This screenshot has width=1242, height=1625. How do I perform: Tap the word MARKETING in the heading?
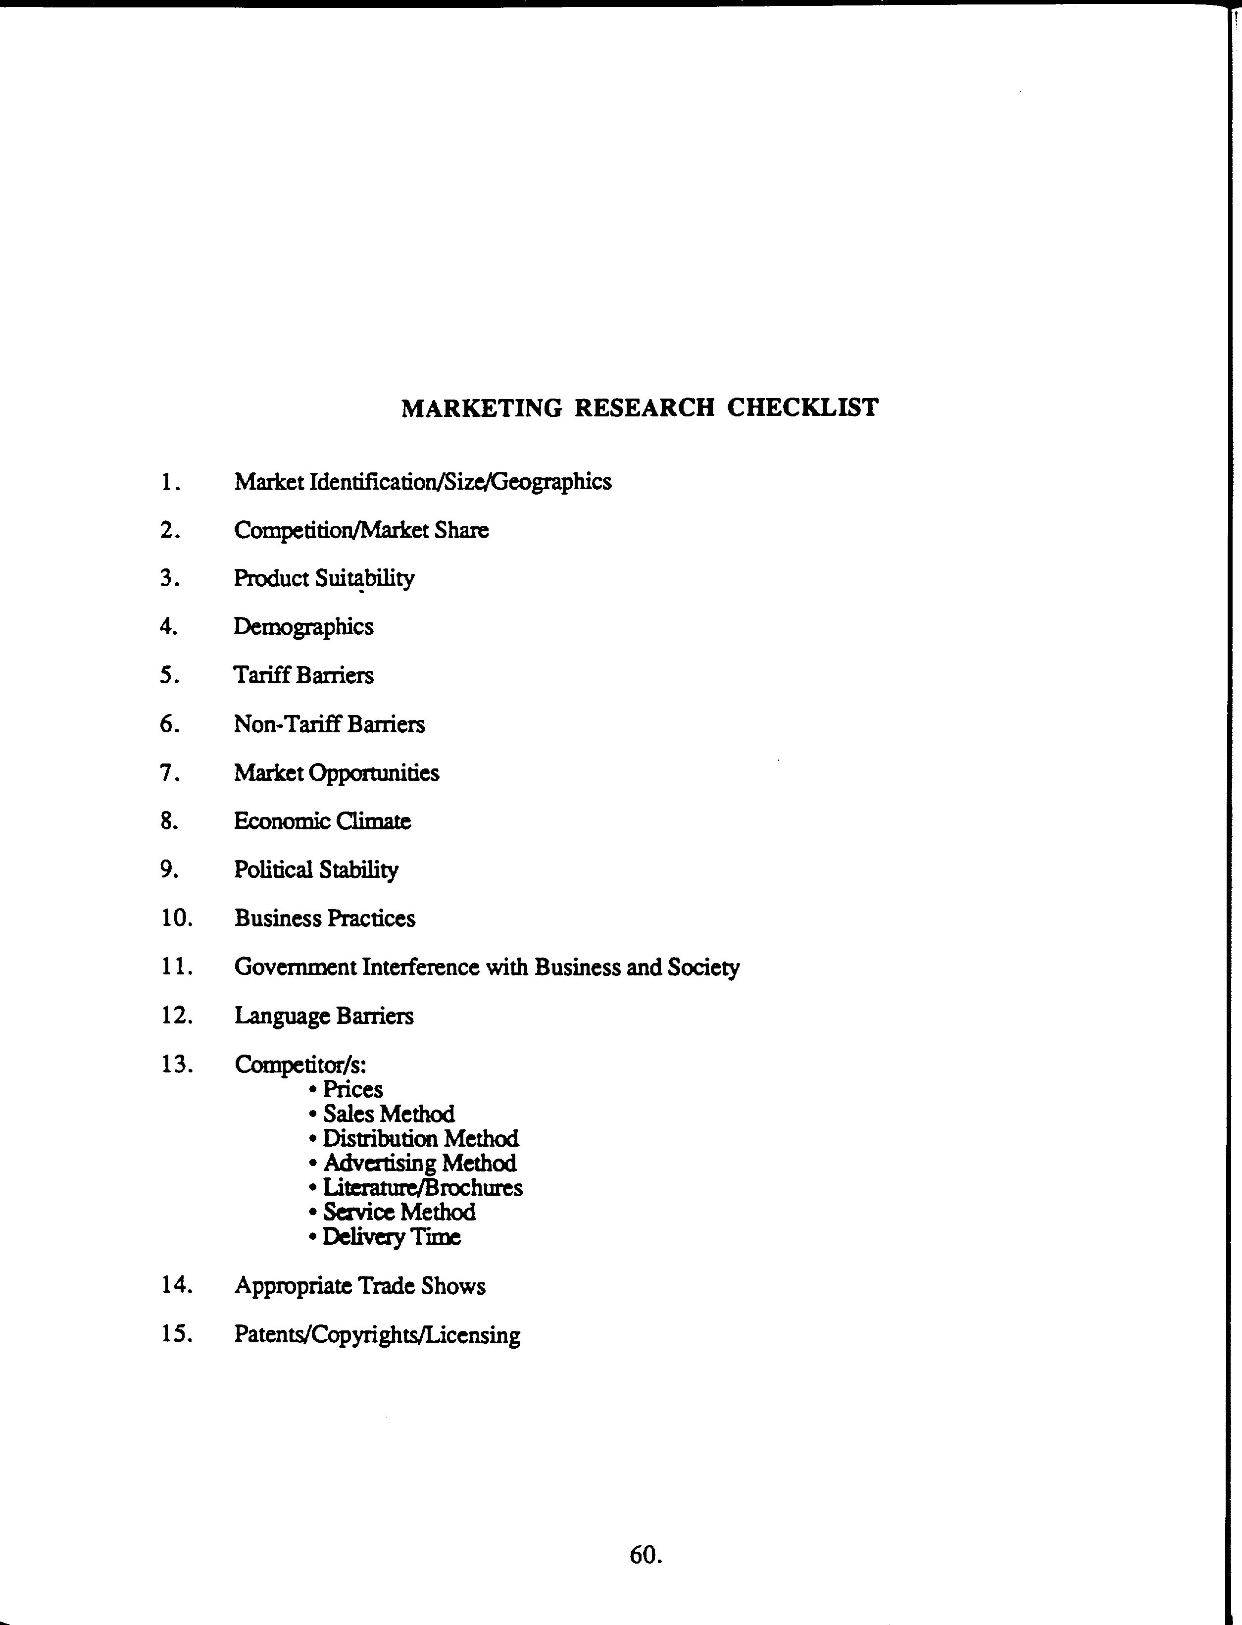tap(481, 408)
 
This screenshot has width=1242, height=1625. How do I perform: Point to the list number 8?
tap(169, 820)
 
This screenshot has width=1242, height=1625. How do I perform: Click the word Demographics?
tap(303, 627)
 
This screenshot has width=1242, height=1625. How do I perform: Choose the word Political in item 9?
tap(273, 869)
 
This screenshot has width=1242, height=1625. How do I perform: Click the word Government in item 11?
tap(294, 967)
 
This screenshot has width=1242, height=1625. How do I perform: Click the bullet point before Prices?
tap(313, 1090)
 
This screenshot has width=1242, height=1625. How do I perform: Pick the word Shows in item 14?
tap(453, 1286)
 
